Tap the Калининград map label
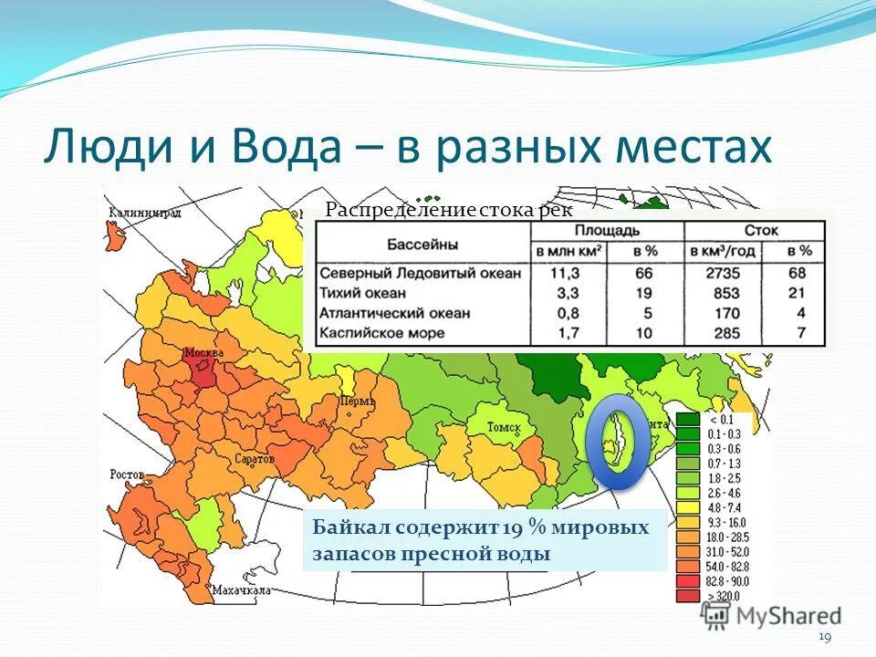coord(144,213)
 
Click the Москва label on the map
coord(203,352)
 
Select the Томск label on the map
coord(503,427)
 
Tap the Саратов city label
coord(256,459)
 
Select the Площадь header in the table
coord(607,230)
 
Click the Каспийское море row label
coord(381,332)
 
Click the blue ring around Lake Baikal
coord(618,441)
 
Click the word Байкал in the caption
coord(344,528)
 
